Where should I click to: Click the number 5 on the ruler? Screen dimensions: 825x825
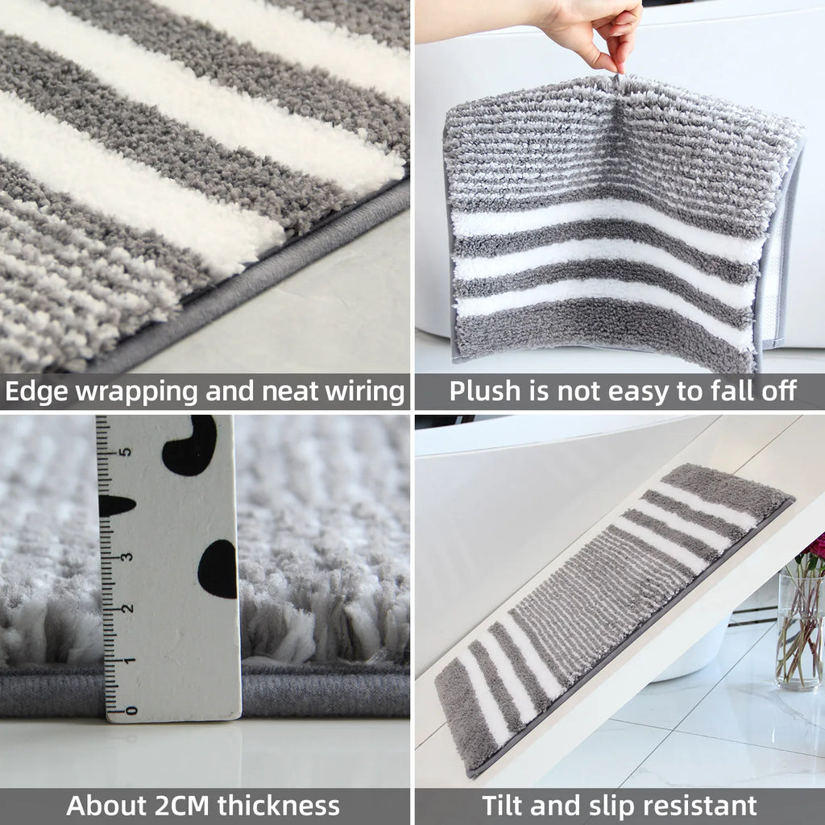(125, 451)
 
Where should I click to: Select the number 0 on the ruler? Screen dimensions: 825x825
(131, 711)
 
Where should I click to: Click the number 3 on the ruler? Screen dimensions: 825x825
(126, 557)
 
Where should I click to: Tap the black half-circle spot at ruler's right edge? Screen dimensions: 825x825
(219, 569)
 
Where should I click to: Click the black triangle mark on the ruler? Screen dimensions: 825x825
(115, 506)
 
